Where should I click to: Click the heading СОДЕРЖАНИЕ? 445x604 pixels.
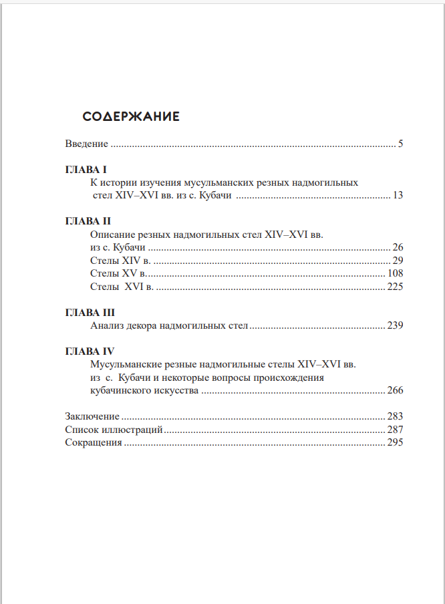(x=131, y=116)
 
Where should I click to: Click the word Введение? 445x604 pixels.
(x=87, y=144)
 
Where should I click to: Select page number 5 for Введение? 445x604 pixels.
(x=400, y=144)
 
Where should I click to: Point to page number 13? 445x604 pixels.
(x=398, y=196)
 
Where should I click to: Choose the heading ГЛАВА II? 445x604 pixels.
(x=88, y=221)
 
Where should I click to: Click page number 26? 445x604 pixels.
(x=398, y=247)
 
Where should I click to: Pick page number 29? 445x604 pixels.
(x=398, y=260)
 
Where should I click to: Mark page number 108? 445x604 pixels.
(x=395, y=273)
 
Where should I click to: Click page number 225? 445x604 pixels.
(x=395, y=287)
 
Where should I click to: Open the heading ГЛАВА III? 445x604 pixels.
(x=90, y=313)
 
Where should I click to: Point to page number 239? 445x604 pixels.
(x=395, y=326)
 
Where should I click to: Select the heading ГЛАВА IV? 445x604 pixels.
(x=90, y=351)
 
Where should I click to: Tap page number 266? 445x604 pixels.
(x=395, y=391)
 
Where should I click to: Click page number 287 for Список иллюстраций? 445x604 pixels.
(x=395, y=429)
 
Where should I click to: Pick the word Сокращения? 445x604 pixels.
(x=94, y=442)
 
